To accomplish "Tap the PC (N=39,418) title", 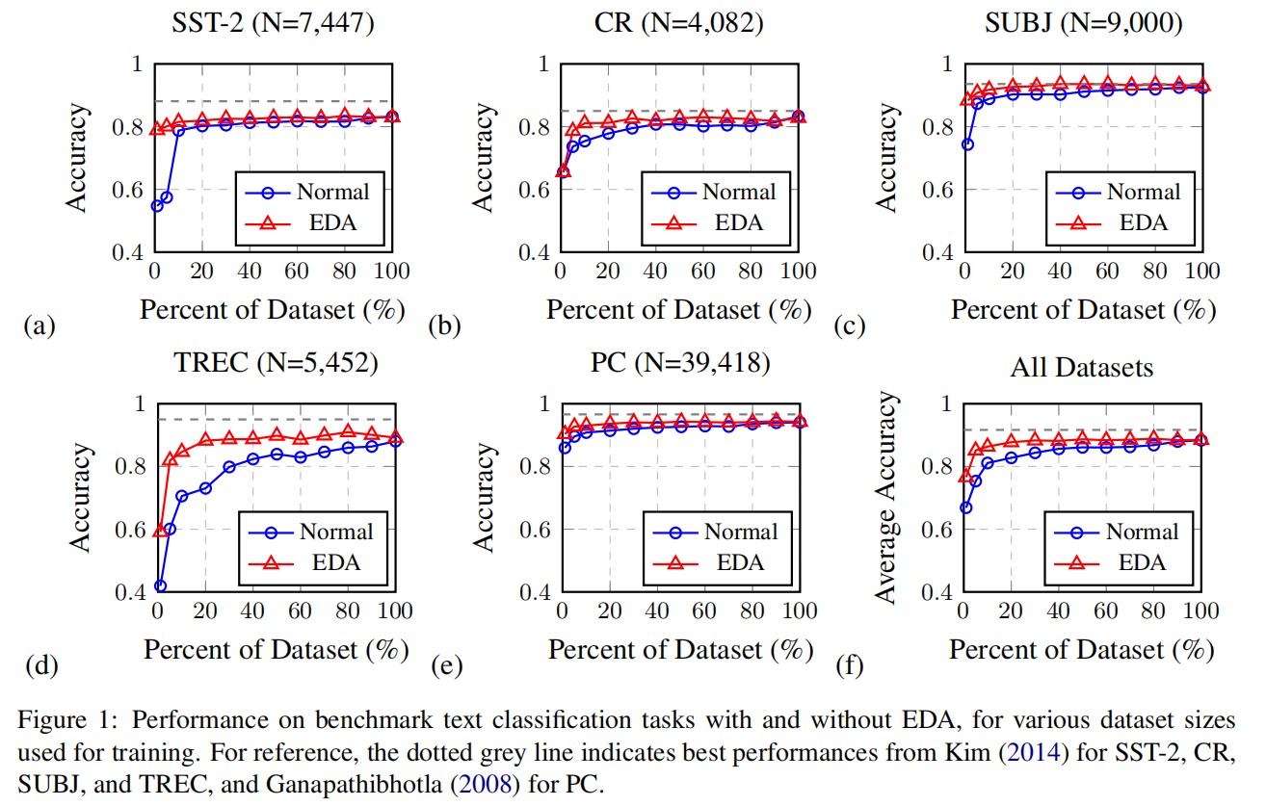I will [x=679, y=362].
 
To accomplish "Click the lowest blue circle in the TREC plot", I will [x=160, y=585].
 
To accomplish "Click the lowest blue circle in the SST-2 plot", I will [x=157, y=206].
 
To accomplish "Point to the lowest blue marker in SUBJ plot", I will [x=967, y=144].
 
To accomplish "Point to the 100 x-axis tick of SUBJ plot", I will [x=1201, y=271].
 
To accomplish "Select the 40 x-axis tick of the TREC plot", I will [x=251, y=611].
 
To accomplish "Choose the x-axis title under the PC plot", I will [x=681, y=650].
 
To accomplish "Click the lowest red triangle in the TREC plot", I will [x=160, y=530].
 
